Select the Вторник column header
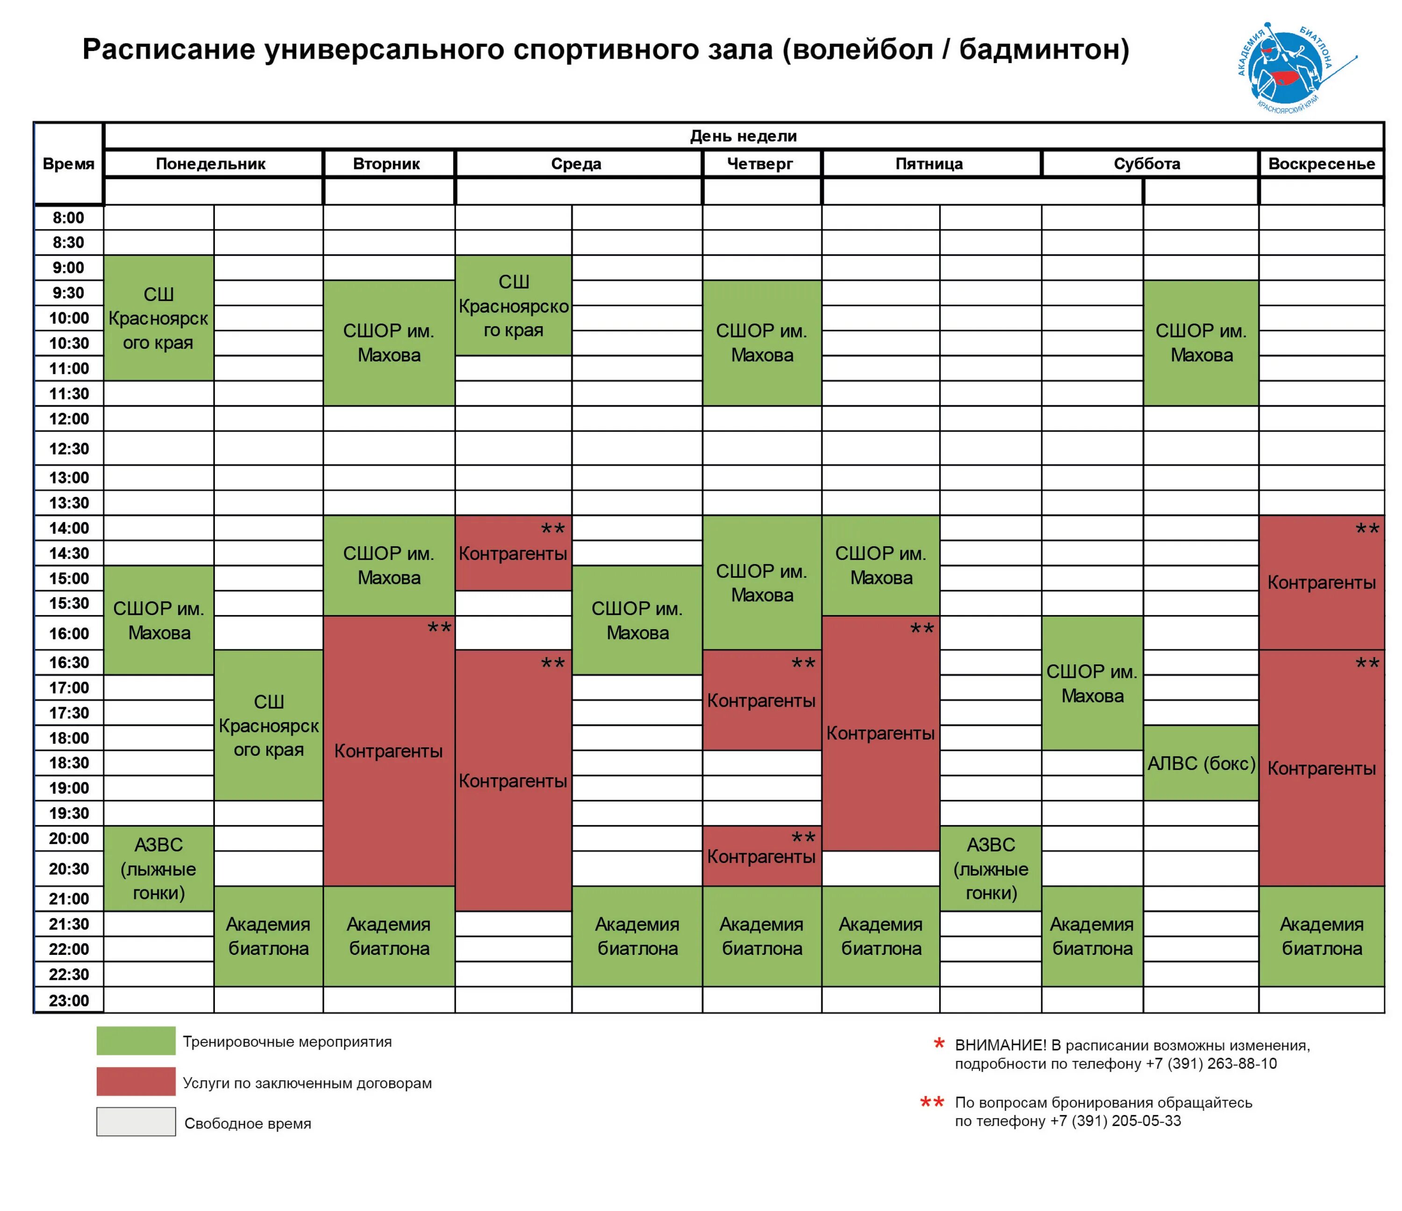(x=386, y=164)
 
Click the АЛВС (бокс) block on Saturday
(x=1201, y=763)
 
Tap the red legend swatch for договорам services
(x=136, y=1082)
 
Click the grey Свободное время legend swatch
(x=136, y=1122)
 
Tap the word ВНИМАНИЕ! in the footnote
(x=1000, y=1045)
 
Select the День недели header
(x=743, y=136)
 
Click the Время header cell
(x=68, y=164)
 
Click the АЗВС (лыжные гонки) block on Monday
(x=159, y=869)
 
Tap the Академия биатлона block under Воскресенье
(x=1322, y=936)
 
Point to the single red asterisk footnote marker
(x=939, y=1044)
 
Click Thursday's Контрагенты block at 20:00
(x=762, y=856)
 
